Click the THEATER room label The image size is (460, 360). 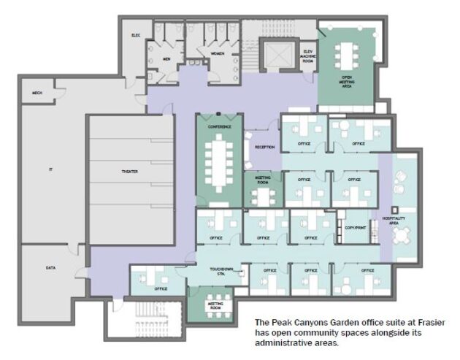pyautogui.click(x=129, y=172)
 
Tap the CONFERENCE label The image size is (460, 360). pyautogui.click(x=219, y=127)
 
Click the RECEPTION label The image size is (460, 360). pyautogui.click(x=264, y=148)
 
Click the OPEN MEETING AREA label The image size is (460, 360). pyautogui.click(x=348, y=81)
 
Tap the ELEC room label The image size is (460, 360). pyautogui.click(x=136, y=34)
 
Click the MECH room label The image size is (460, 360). pyautogui.click(x=36, y=93)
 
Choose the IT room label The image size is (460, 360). pyautogui.click(x=50, y=170)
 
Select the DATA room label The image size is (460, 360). pyautogui.click(x=50, y=268)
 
